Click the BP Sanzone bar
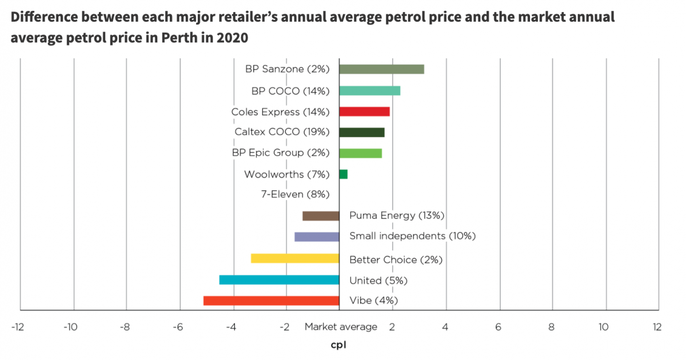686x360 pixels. click(381, 69)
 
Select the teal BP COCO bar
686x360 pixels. click(369, 90)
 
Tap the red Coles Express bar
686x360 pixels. click(364, 111)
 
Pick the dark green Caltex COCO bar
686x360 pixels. click(361, 133)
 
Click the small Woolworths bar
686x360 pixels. click(343, 174)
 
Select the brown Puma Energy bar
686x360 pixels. click(321, 216)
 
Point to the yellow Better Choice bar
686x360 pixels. click(295, 258)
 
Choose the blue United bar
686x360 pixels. click(279, 280)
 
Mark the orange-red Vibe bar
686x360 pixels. click(271, 301)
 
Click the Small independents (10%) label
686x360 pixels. click(412, 236)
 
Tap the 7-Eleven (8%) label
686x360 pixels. click(295, 194)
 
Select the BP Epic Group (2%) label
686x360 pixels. click(281, 153)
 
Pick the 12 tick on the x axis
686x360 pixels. click(656, 327)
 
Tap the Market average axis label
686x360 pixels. click(341, 327)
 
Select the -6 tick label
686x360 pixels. click(178, 327)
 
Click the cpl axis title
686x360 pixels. click(338, 345)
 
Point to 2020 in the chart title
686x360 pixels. click(232, 38)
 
